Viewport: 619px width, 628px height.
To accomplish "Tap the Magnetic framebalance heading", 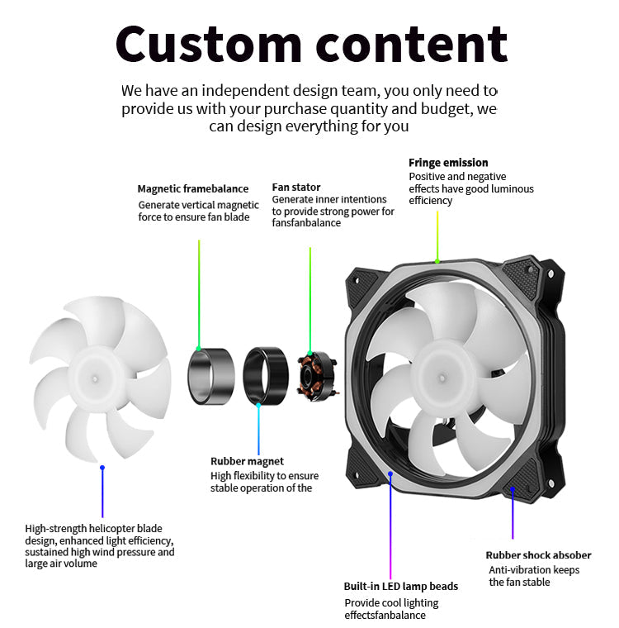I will [192, 189].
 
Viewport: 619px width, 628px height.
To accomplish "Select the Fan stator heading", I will [296, 188].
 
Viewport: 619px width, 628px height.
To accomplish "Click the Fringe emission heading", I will [448, 163].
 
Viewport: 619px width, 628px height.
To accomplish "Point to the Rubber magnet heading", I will [247, 461].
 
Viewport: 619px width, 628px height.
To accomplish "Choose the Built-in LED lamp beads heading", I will [400, 586].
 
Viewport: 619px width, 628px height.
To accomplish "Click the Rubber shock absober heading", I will [538, 555].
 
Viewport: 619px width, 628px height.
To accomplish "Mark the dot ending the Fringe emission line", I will [437, 261].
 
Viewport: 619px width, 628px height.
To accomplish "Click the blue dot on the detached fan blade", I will [102, 468].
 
